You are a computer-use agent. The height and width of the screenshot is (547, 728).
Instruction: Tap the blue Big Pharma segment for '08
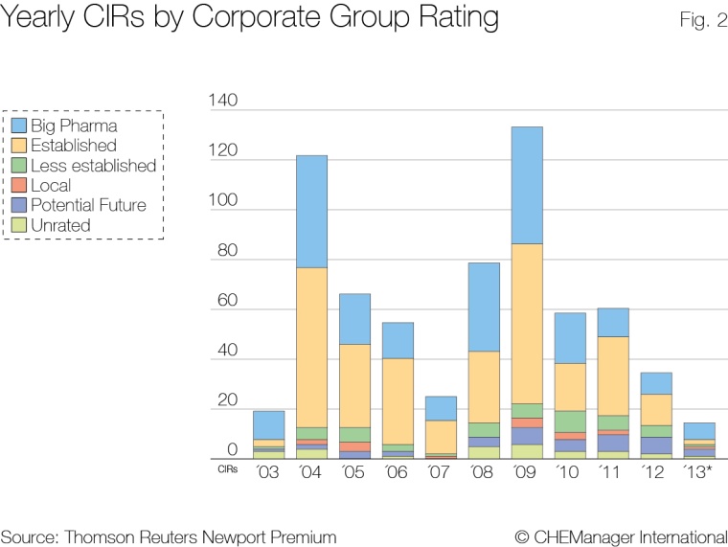tap(484, 307)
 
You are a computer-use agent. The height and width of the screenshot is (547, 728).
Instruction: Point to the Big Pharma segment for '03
tap(268, 425)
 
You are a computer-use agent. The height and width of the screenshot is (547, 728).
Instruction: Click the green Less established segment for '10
tap(570, 422)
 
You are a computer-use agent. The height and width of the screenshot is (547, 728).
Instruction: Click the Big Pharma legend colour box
tap(18, 125)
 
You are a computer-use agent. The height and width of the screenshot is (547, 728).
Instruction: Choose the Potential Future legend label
tap(88, 205)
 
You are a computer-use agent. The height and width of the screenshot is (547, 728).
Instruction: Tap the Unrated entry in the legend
tap(61, 225)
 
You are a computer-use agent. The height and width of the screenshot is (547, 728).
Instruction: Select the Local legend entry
tap(51, 185)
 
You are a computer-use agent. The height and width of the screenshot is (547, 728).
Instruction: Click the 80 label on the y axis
tap(226, 252)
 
